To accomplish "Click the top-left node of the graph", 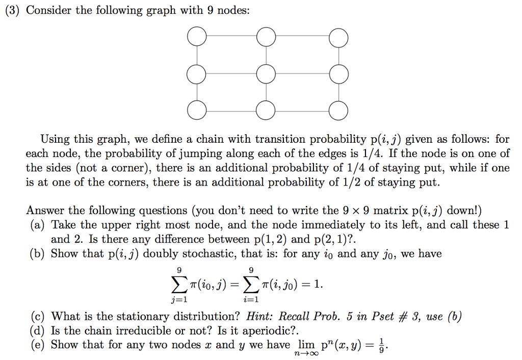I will [x=197, y=38].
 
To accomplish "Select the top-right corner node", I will [x=338, y=38].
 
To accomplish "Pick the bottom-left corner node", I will [x=197, y=110].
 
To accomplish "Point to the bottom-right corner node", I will [x=338, y=110].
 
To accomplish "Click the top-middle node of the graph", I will [x=267, y=38].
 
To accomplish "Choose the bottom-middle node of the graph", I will [x=267, y=110].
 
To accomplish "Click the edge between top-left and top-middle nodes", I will [x=231, y=37].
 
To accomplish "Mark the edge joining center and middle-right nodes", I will [x=302, y=74].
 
